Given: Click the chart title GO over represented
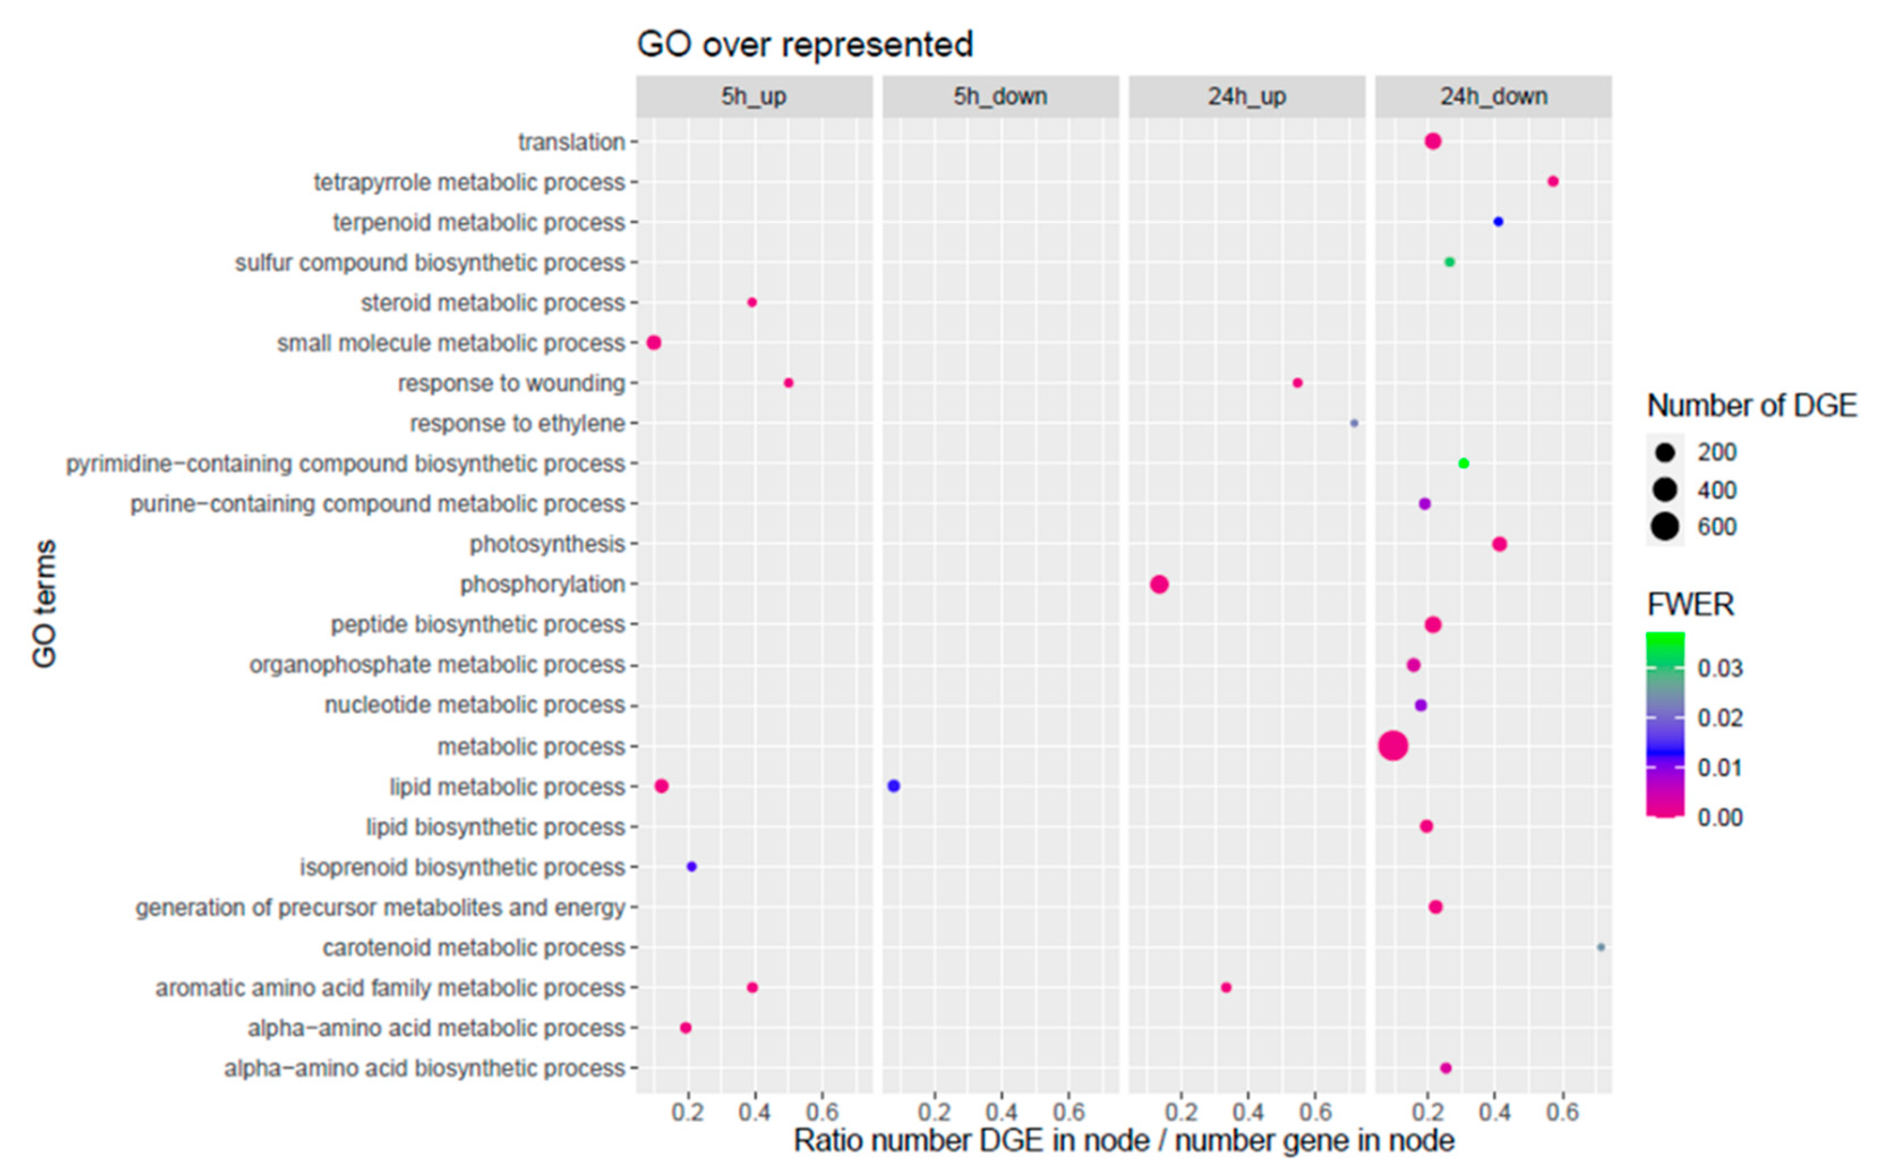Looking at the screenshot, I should [x=804, y=44].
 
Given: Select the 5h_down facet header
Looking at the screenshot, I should [x=1000, y=96].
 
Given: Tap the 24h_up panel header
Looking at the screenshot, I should [x=1247, y=96].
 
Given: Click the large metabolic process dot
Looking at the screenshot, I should [x=1393, y=746].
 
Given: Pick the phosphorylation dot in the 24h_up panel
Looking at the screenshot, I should [x=1159, y=585].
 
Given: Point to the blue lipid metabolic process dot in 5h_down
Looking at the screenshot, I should [x=894, y=786].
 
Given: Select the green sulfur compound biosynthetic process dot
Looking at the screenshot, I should [x=1449, y=263].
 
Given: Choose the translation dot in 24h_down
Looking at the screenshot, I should [x=1433, y=141].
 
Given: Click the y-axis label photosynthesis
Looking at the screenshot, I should [x=547, y=544].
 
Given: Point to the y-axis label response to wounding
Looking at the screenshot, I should [x=511, y=383].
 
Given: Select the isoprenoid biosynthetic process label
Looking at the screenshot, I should [x=463, y=867].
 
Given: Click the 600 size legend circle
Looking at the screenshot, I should [x=1664, y=527].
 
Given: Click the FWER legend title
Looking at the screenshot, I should [x=1691, y=604].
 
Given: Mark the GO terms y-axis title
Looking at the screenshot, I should [x=44, y=604].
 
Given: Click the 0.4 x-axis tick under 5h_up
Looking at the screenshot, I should [x=754, y=1113].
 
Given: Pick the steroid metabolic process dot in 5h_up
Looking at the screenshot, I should [x=751, y=302].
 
